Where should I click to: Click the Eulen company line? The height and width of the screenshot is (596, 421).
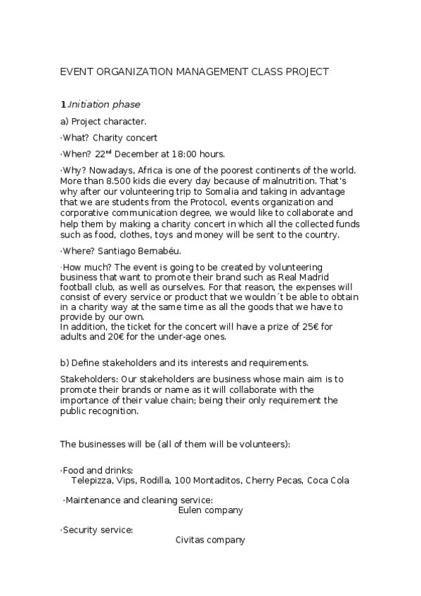(210, 510)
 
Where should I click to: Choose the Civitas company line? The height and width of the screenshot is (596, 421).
(210, 540)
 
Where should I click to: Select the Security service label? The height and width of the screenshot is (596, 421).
(98, 530)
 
